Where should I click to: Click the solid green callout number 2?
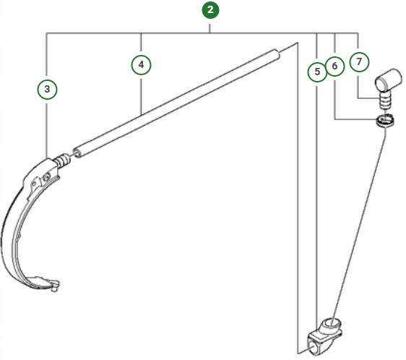pos(210,10)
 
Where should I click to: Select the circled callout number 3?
pos(47,89)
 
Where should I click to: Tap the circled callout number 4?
pos(141,65)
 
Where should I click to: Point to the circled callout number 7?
pos(359,61)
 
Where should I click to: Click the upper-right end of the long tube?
pos(277,53)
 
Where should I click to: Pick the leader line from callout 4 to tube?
pos(141,90)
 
